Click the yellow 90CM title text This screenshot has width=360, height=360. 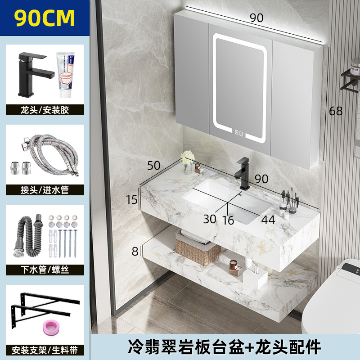point(45,18)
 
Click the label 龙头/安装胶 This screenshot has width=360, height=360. point(45,109)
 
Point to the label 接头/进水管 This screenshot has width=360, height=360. point(45,189)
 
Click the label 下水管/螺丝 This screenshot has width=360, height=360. point(45,270)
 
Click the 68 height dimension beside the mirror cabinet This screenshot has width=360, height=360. point(336,111)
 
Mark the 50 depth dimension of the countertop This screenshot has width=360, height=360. point(154,165)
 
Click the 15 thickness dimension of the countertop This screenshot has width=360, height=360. point(131,199)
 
